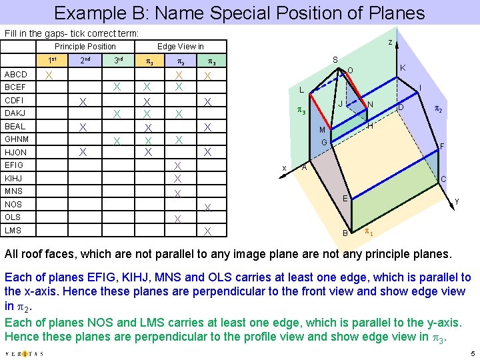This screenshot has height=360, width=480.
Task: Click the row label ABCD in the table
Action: coord(16,75)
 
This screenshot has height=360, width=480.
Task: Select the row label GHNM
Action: coord(16,139)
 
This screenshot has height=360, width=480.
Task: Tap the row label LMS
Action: coord(13,230)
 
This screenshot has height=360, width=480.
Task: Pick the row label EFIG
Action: coord(14,165)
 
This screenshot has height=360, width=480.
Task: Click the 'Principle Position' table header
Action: coord(85,47)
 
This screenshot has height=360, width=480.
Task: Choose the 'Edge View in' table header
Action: coord(180,47)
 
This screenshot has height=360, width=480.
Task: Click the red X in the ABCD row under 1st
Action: coord(48,75)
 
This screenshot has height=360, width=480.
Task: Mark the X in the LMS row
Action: coord(208,231)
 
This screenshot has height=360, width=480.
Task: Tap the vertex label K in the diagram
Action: coord(403,68)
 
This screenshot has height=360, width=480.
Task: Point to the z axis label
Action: coord(390,42)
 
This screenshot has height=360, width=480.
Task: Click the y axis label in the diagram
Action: coord(457,200)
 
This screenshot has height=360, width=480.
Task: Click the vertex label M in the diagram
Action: coord(321,129)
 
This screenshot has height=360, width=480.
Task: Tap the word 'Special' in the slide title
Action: coord(261,13)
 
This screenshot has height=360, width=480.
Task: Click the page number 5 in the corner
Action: coord(471,353)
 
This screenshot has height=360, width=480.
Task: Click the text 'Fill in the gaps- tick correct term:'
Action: coord(72,33)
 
